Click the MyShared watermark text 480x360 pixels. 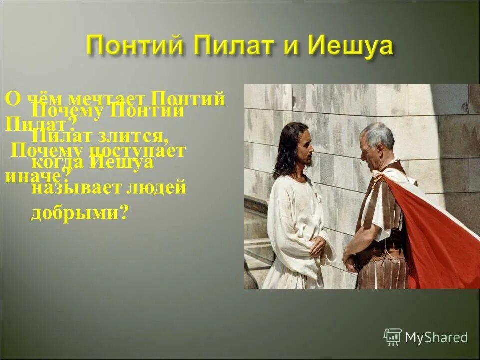click(436, 337)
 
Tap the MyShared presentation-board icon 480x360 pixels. click(393, 337)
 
